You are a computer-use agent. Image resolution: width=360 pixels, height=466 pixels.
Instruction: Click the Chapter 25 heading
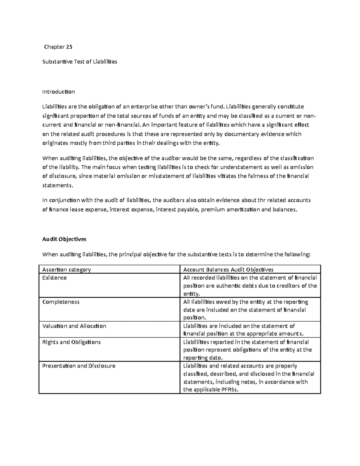(58, 47)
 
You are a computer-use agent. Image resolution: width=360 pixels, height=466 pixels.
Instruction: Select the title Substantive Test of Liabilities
(79, 62)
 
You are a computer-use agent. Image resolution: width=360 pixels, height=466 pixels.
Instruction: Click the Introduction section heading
(58, 92)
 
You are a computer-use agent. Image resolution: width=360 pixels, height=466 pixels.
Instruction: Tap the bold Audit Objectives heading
(64, 239)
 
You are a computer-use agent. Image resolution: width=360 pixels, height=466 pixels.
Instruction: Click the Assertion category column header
(67, 269)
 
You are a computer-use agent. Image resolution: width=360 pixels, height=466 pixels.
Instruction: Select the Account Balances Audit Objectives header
(228, 269)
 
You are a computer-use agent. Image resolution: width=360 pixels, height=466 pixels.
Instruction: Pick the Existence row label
(55, 278)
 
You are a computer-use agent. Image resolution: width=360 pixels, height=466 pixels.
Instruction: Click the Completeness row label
(61, 302)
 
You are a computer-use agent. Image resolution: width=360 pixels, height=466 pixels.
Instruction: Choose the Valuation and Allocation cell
(74, 326)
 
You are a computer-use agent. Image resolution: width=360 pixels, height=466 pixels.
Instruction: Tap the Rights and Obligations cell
(71, 342)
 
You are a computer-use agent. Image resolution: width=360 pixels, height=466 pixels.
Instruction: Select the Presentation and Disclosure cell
(79, 366)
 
